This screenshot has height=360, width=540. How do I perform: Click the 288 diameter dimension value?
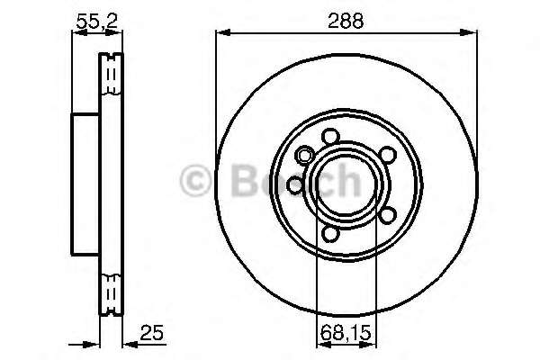[x=346, y=21]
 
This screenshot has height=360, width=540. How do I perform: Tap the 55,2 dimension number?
[x=97, y=22]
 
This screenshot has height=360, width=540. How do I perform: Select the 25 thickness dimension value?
[x=151, y=333]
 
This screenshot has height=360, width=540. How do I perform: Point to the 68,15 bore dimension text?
[x=346, y=333]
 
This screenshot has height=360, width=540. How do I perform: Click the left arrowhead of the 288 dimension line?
[x=223, y=32]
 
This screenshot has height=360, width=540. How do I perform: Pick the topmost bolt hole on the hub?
[x=330, y=136]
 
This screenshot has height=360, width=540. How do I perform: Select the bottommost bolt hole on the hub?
[x=330, y=234]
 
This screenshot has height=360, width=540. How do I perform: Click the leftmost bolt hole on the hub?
[x=295, y=185]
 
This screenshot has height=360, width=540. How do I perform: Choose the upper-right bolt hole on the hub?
[x=387, y=154]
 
